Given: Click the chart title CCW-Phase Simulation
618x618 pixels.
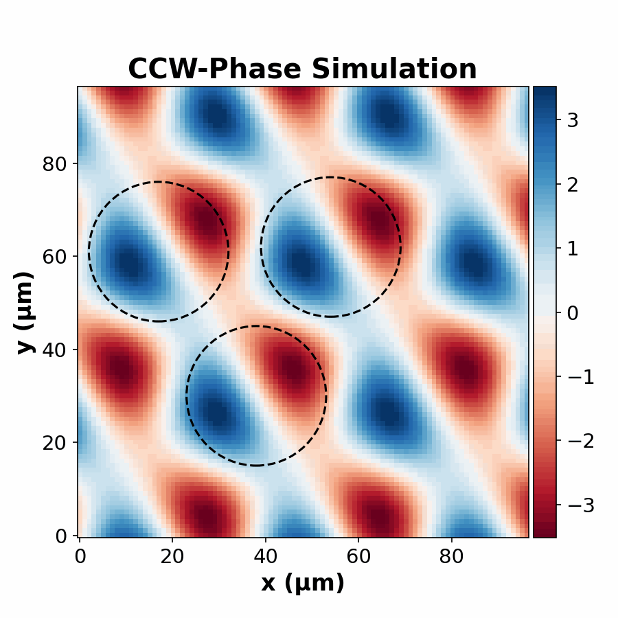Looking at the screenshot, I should (302, 69).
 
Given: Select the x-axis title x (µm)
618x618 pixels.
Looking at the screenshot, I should (302, 583).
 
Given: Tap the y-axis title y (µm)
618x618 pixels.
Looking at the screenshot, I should (25, 312).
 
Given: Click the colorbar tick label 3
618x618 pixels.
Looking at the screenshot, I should (572, 120).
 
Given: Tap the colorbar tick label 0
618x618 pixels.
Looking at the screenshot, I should (572, 312).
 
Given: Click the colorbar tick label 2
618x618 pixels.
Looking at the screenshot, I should (572, 185).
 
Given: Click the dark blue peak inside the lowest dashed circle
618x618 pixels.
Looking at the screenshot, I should (217, 412).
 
